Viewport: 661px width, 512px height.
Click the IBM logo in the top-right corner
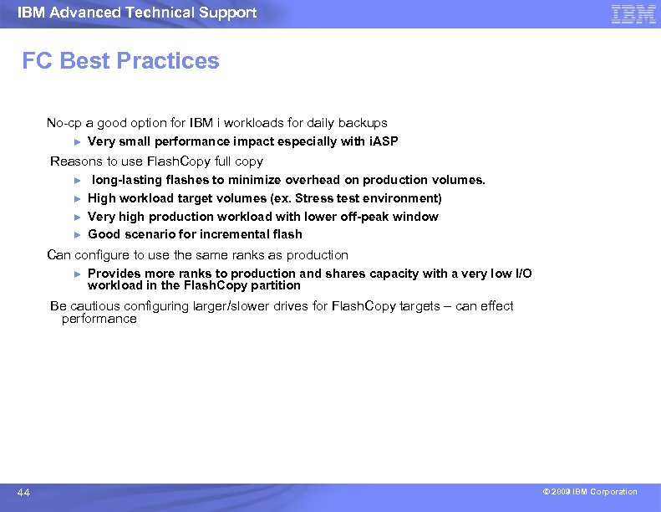(633, 13)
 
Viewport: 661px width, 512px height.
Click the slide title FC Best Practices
(120, 61)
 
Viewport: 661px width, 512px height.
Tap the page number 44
(23, 493)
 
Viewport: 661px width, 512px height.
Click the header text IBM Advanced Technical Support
(137, 13)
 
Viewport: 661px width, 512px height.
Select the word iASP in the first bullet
(384, 141)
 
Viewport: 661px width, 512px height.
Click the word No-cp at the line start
(63, 123)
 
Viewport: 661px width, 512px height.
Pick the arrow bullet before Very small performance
(76, 141)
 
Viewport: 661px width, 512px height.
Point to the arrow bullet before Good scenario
(76, 234)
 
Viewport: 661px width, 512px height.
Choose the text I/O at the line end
(521, 274)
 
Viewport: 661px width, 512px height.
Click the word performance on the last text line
(99, 319)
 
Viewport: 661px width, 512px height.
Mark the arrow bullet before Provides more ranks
(76, 274)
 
